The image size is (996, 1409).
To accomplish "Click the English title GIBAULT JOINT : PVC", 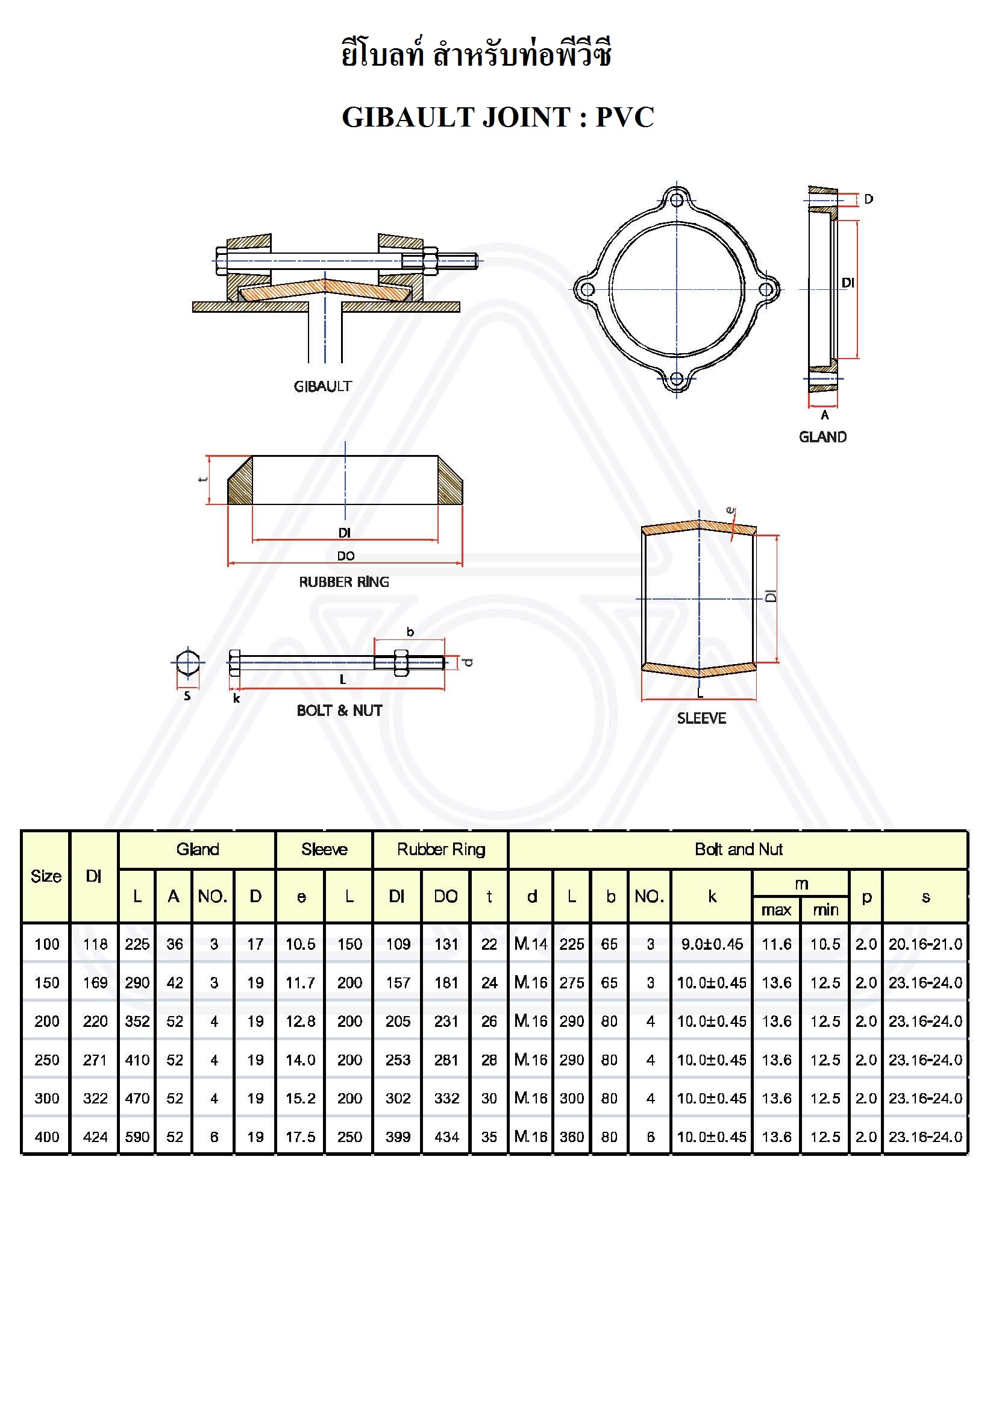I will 498,116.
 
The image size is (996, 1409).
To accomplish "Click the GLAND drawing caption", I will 822,437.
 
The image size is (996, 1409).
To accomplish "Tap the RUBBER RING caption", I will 343,582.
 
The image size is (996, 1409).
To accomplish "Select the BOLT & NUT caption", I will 339,711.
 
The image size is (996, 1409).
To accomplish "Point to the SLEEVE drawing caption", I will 701,718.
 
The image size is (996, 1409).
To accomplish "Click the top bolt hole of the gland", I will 676,200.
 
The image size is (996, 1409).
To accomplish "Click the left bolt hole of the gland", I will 587,289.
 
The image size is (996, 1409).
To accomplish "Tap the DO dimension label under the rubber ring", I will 345,556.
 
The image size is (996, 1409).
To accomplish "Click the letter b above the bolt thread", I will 410,632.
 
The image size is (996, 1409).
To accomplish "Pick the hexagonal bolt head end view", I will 187,662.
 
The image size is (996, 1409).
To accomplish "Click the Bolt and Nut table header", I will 738,849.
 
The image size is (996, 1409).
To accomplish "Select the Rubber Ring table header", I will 440,849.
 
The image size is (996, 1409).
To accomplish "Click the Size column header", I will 46,876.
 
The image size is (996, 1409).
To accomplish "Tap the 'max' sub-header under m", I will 776,909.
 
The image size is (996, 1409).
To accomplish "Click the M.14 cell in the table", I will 531,944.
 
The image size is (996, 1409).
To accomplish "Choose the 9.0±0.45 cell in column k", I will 712,944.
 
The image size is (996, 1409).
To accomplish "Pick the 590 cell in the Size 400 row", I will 137,1137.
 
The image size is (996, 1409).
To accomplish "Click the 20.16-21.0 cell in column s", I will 926,944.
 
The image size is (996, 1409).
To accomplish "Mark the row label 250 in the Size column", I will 46,1060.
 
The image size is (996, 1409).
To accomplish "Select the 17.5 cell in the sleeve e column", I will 300,1137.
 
